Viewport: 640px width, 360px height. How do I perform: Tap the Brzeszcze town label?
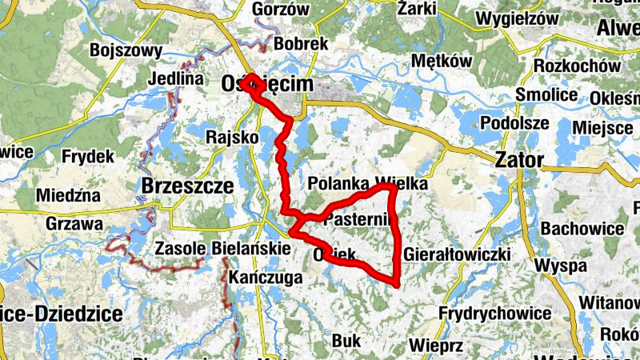(186, 186)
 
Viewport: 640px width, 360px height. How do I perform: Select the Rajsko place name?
(232, 137)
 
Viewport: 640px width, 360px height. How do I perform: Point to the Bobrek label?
(301, 44)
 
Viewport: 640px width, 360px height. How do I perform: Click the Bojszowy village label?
(127, 50)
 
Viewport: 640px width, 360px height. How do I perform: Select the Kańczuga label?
(264, 278)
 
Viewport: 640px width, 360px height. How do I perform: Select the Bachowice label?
(582, 229)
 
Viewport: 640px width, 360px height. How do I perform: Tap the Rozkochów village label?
(577, 66)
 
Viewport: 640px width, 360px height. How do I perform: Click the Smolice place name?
(547, 95)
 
